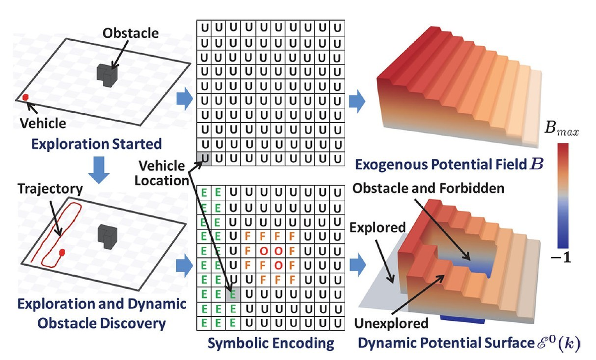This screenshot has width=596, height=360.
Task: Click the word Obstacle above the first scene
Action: (131, 33)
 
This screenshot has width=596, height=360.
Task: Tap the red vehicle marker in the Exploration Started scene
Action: (25, 97)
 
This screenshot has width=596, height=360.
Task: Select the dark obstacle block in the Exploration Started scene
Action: (107, 75)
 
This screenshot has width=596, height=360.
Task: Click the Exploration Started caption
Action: (96, 144)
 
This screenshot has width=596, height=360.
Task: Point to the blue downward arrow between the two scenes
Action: (99, 170)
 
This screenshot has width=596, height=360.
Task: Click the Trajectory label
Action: (50, 189)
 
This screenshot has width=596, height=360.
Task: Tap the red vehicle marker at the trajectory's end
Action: (62, 252)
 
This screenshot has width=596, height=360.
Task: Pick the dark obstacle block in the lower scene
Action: (107, 236)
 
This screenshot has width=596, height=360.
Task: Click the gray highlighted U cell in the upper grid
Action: (204, 159)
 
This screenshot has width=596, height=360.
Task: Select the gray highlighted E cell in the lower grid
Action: (233, 295)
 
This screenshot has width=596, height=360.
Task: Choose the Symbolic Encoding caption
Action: (271, 343)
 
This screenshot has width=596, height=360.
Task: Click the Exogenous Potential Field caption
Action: (449, 164)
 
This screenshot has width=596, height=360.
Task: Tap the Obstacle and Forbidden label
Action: (428, 188)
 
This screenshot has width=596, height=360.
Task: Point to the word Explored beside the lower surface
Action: (377, 227)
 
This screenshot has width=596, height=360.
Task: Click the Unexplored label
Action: (391, 323)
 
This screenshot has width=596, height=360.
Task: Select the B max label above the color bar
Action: (561, 128)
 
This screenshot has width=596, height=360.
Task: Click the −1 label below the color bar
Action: (561, 258)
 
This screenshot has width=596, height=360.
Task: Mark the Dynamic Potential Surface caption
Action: (469, 343)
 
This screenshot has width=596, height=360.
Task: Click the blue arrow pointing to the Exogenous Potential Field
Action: (357, 101)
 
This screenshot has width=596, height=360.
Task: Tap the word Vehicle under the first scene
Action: (43, 124)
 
